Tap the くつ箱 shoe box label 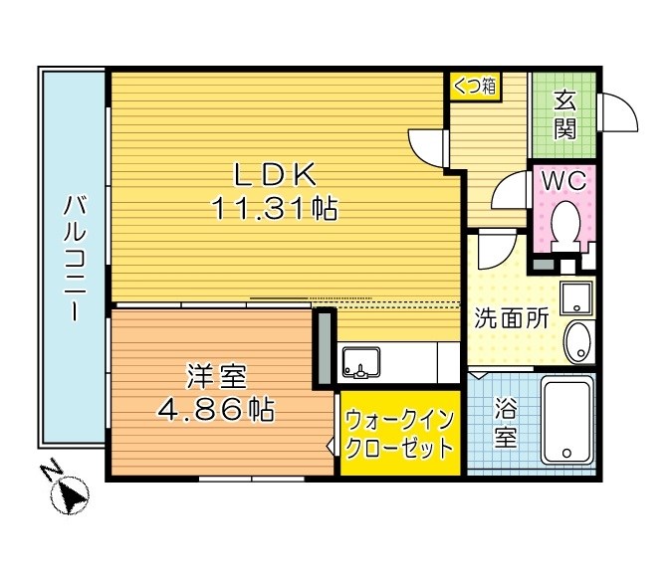474,86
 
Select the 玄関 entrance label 563,114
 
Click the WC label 563,182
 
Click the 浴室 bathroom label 506,424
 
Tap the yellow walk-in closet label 399,436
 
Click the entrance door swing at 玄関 618,110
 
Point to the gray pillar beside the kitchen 325,347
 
